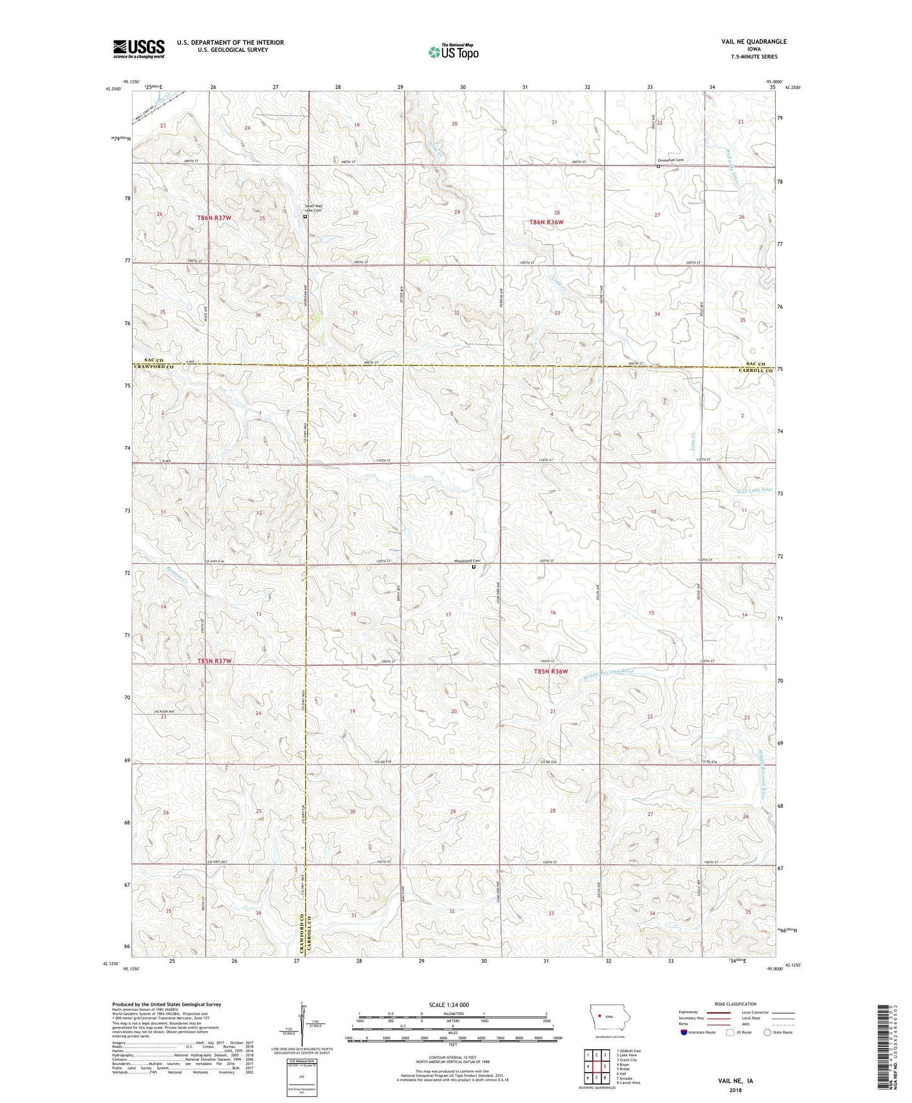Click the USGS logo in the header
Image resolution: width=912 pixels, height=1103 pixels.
pos(139,48)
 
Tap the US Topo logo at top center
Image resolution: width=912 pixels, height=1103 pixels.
pos(453,52)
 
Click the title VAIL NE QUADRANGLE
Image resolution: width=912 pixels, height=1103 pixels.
pos(750,42)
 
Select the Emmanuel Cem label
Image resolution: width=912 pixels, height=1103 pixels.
pos(672,160)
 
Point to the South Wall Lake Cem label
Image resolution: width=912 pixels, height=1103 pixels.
pos(313,208)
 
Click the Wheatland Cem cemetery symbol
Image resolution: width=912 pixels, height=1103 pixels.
pos(474,567)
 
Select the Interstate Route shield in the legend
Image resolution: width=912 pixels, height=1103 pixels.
pos(684,1032)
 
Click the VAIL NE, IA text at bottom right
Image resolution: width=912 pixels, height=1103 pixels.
pos(735,1080)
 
